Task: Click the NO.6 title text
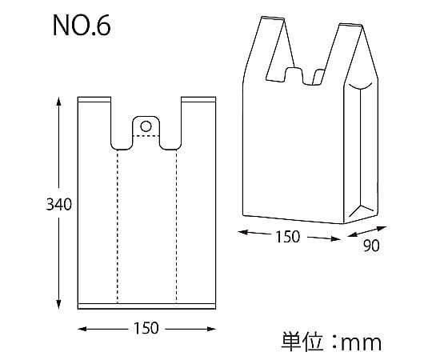coord(82,26)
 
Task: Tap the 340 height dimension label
coord(58,205)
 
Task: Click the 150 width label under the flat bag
coord(146,328)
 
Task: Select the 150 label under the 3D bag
coord(287,237)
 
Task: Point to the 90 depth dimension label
coord(371,246)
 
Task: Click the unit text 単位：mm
coord(331,342)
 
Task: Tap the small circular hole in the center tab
coord(146,126)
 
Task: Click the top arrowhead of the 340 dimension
coord(58,102)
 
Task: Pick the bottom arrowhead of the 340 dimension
coord(58,304)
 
